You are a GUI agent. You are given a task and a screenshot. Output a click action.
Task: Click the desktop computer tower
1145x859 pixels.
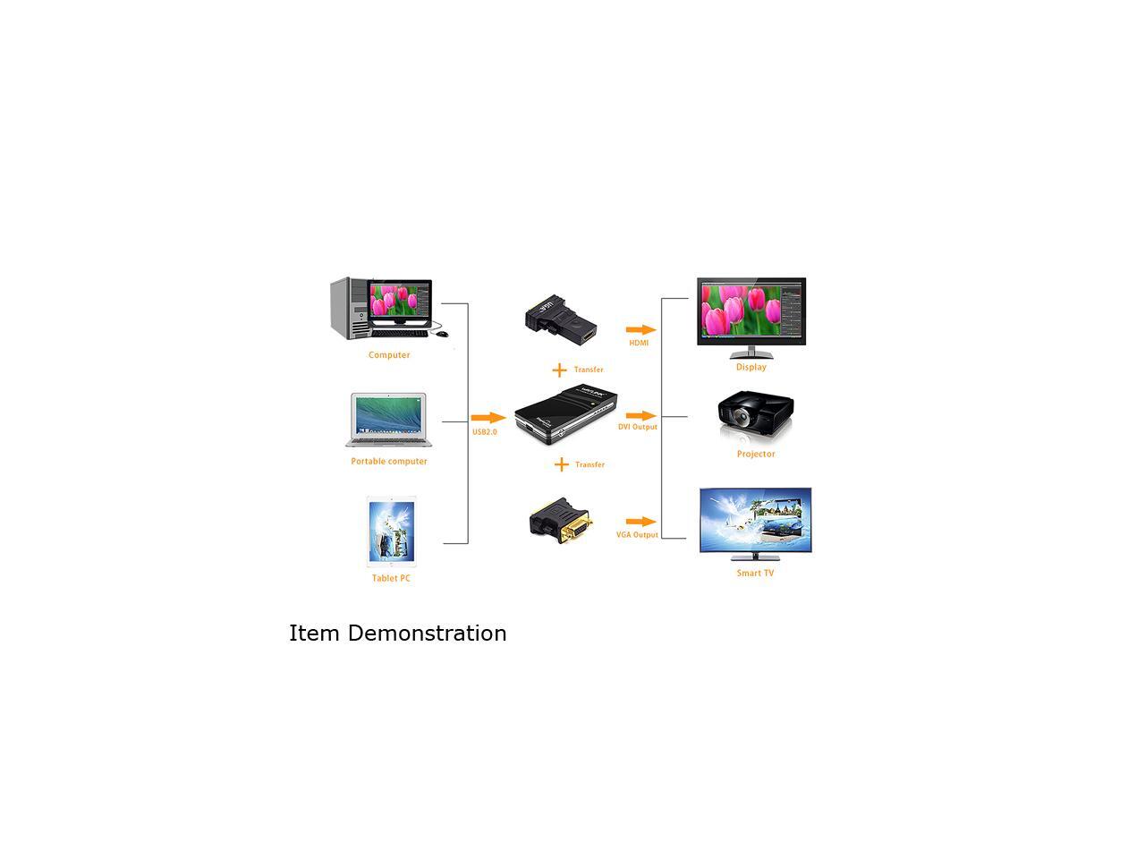tap(350, 308)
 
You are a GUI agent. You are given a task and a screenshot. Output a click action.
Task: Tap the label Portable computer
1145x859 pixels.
tap(389, 462)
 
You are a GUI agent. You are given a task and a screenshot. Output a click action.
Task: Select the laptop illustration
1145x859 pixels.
tap(386, 420)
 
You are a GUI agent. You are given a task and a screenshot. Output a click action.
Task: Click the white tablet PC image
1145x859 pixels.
tap(392, 531)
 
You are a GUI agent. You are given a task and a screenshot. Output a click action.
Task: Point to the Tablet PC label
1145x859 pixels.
tap(391, 578)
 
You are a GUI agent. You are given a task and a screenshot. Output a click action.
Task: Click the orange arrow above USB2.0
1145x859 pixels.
tap(488, 418)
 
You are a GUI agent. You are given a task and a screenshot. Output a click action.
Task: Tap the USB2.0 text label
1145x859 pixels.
tap(484, 432)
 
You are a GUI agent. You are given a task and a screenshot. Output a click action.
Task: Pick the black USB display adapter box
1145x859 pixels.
tap(566, 417)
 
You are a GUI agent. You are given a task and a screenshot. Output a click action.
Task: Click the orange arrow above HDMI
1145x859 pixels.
tap(640, 330)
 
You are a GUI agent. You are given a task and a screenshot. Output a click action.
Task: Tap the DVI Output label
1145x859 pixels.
tap(638, 427)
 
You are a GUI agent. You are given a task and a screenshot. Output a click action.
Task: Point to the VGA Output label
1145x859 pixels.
tap(637, 535)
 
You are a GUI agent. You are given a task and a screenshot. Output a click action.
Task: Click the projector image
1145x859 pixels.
tap(756, 415)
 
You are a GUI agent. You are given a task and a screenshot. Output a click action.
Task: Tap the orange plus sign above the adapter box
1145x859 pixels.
tap(559, 370)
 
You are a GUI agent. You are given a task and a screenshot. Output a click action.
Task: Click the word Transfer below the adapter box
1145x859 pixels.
tap(589, 464)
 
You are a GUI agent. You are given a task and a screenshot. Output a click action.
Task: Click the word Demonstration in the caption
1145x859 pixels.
tap(427, 634)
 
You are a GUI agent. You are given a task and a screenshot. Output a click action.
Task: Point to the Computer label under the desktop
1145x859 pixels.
tap(389, 355)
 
